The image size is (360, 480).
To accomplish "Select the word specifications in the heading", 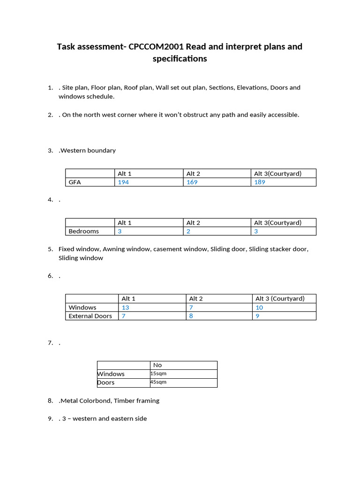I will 180,59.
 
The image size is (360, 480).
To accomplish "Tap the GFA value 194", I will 123,182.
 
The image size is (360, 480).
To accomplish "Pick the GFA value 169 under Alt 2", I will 192,182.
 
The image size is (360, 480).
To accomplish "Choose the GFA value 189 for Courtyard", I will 260,182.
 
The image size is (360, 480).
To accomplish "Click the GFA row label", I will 75,182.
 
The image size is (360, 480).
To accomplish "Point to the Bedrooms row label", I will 83,231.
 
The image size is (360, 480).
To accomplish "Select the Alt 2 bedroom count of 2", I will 188,231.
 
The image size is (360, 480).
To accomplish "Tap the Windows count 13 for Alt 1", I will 126,307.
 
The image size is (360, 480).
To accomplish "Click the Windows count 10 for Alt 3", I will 259,307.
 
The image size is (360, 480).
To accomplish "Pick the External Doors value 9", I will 257,316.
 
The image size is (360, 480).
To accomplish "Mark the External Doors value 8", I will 191,316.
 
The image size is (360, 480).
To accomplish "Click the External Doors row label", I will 90,316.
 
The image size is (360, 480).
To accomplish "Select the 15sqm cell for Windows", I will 158,374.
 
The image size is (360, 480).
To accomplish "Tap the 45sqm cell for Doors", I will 158,382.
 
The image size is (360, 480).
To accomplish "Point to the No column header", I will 157,365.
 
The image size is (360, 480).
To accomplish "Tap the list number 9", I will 50,419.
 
